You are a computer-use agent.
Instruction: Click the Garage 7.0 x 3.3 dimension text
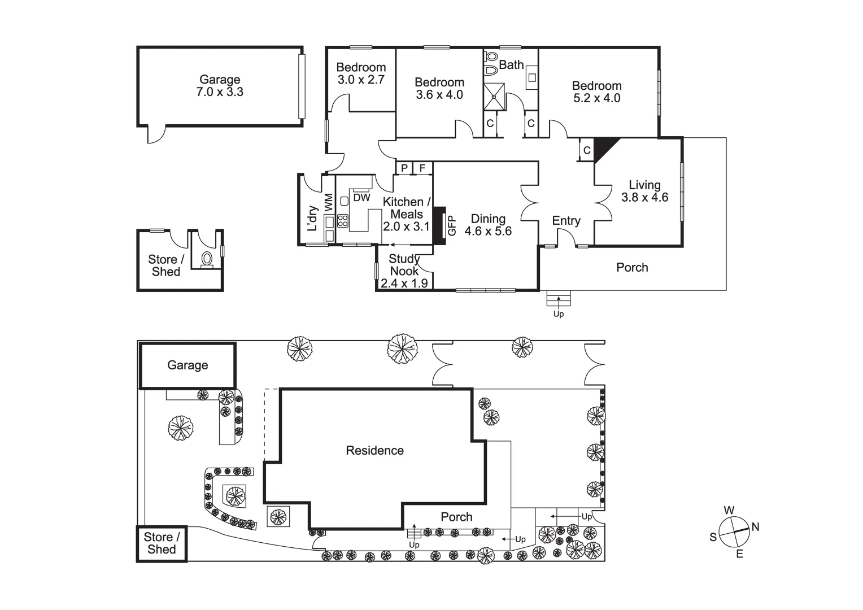(x=220, y=92)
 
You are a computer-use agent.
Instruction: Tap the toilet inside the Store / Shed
(x=207, y=259)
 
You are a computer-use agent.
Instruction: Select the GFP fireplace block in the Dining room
(x=439, y=225)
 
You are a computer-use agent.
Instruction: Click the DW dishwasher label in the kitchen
(x=361, y=198)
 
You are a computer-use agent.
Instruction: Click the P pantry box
(x=404, y=168)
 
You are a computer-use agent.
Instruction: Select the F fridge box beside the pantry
(x=422, y=168)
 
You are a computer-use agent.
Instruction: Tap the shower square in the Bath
(x=495, y=97)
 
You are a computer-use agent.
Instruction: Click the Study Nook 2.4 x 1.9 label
(x=404, y=271)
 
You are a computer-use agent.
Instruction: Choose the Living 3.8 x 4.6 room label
(x=644, y=191)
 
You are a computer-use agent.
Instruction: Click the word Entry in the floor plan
(x=566, y=221)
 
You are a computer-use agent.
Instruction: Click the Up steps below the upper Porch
(x=559, y=299)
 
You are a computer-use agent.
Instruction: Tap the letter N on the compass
(x=755, y=527)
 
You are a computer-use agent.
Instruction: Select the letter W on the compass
(x=729, y=511)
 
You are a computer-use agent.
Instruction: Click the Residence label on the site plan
(x=374, y=451)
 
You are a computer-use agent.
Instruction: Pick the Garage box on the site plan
(x=188, y=365)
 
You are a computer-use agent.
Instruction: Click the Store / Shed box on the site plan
(x=162, y=543)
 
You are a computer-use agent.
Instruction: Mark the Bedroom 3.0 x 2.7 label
(x=361, y=74)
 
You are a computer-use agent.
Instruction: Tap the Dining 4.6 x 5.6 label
(x=488, y=225)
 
